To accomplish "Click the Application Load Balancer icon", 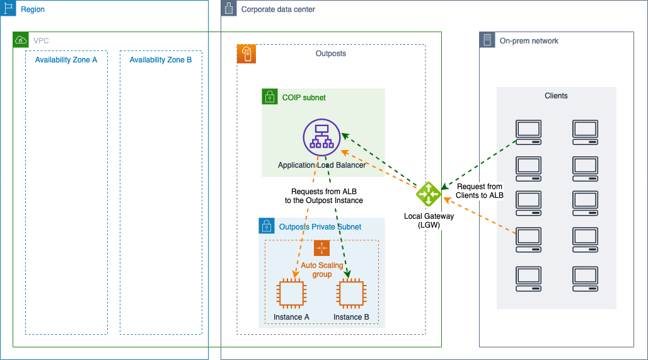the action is point(321,137).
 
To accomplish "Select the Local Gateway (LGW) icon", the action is point(428,194).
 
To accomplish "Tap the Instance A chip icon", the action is point(291,294).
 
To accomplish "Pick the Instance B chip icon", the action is point(351,294).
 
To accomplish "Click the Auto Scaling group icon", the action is point(321,248).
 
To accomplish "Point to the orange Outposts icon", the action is point(246,54).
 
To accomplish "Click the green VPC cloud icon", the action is point(21,40).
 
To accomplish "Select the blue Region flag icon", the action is point(8,8).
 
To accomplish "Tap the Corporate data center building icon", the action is point(229,8).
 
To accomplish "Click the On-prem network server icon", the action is point(487,40).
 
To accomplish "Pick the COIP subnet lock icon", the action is point(269,96).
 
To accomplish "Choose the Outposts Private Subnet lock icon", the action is point(267,226).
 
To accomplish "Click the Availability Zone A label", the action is point(66,60).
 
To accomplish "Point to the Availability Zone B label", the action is point(161,60).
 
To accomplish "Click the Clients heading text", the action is point(556,96).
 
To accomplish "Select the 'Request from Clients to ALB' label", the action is point(480,191).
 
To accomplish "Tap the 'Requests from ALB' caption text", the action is point(324,192).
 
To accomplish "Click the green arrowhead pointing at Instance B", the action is point(347,274).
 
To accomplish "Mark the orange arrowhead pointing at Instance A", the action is point(296,274).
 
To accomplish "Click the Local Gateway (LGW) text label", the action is point(429,220).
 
